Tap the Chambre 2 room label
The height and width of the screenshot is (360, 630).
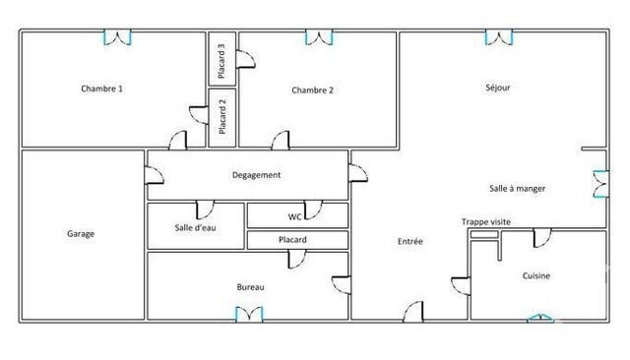tap(313, 90)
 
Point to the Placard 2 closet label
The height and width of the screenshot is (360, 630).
tap(222, 117)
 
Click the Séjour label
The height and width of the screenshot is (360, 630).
tap(498, 88)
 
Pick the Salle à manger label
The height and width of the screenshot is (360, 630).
tap(518, 188)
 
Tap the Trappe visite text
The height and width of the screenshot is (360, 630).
tap(485, 222)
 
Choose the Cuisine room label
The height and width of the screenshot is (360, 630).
tap(536, 276)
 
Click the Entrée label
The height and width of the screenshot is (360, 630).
tap(410, 241)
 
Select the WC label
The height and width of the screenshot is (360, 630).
tap(294, 216)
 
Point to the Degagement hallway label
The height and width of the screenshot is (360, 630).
tap(257, 175)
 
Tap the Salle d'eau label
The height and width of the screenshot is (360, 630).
tap(195, 228)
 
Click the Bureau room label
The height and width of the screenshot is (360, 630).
tap(251, 287)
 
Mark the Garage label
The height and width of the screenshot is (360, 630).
tap(81, 234)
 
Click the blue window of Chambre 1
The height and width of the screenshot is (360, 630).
tap(118, 37)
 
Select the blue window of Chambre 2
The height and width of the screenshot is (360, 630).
tap(319, 37)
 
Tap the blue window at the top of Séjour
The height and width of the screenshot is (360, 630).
tap(499, 37)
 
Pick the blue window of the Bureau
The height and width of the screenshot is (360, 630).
tap(249, 314)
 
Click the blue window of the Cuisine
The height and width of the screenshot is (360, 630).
tap(539, 317)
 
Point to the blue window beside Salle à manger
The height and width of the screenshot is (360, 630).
tap(599, 184)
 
